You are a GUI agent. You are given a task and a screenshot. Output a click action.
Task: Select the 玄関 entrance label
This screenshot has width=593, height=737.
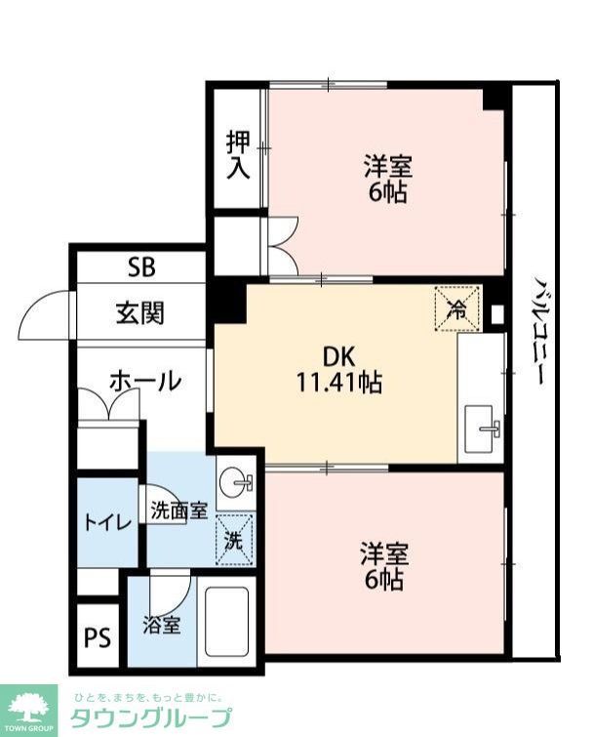tap(140, 313)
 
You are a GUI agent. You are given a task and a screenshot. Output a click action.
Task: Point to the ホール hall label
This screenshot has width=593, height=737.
tap(144, 381)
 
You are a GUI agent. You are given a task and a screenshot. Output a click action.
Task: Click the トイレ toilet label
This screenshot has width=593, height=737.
tap(106, 522)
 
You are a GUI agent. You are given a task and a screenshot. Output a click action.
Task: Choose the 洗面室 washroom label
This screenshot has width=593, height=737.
tap(178, 510)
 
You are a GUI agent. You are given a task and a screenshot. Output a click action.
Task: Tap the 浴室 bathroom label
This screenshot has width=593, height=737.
tap(162, 625)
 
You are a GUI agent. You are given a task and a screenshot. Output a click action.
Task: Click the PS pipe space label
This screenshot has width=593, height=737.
tap(97, 639)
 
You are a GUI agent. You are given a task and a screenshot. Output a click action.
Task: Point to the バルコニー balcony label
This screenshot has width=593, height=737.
tap(536, 332)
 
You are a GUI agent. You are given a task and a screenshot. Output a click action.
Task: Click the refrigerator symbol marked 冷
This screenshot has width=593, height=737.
tap(456, 307)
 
